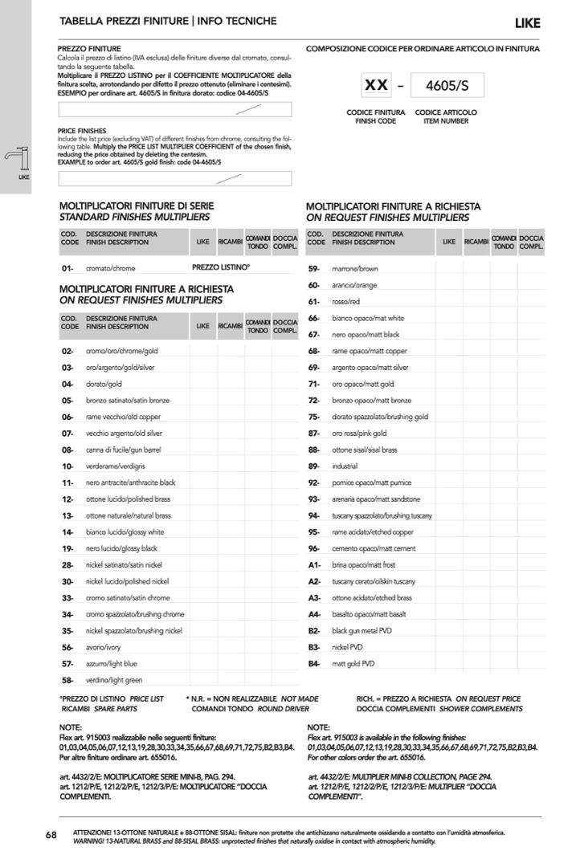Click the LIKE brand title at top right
(527, 22)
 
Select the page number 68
(51, 835)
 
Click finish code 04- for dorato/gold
(67, 384)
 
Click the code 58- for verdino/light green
(67, 680)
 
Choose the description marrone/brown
(354, 269)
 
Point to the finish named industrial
(345, 466)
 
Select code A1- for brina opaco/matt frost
(314, 564)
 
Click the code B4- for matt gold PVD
(314, 663)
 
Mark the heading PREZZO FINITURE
(89, 49)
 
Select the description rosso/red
(346, 302)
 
